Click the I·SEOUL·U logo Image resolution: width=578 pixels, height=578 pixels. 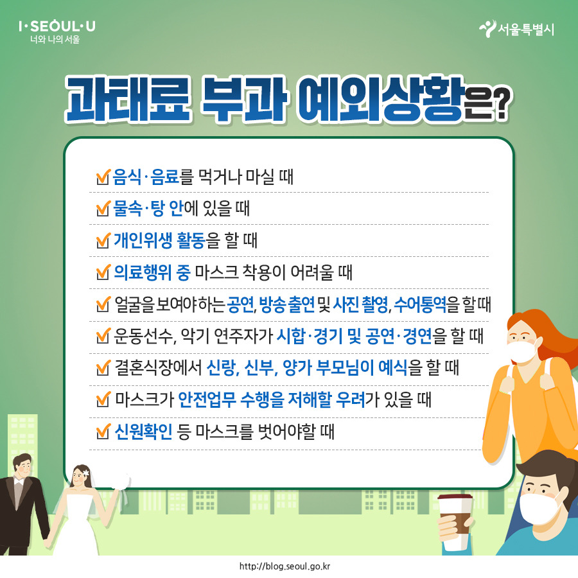click(57, 27)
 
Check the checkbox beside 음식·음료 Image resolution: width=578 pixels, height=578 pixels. click(101, 177)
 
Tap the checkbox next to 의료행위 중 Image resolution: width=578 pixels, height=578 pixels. click(101, 273)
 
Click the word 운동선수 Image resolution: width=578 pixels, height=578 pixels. click(141, 337)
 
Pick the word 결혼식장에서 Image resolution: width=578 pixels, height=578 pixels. click(157, 369)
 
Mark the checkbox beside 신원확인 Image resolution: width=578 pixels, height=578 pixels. click(101, 433)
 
